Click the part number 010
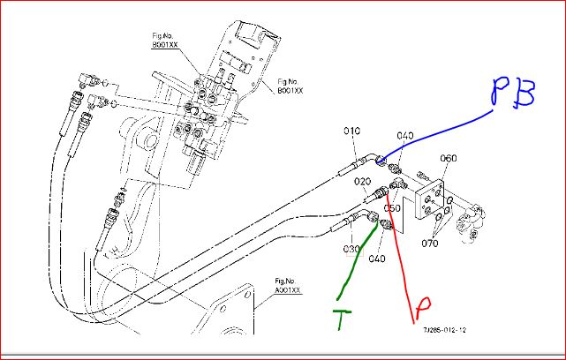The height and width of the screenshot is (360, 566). click(x=352, y=131)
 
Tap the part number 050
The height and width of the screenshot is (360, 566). click(x=392, y=209)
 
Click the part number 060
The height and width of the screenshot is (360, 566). click(x=449, y=159)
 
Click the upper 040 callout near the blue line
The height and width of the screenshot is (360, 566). click(x=404, y=135)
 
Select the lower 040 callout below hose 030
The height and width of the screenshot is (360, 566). click(x=377, y=259)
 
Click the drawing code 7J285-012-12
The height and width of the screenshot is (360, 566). click(x=444, y=331)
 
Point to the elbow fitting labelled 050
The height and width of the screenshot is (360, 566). click(x=397, y=186)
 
